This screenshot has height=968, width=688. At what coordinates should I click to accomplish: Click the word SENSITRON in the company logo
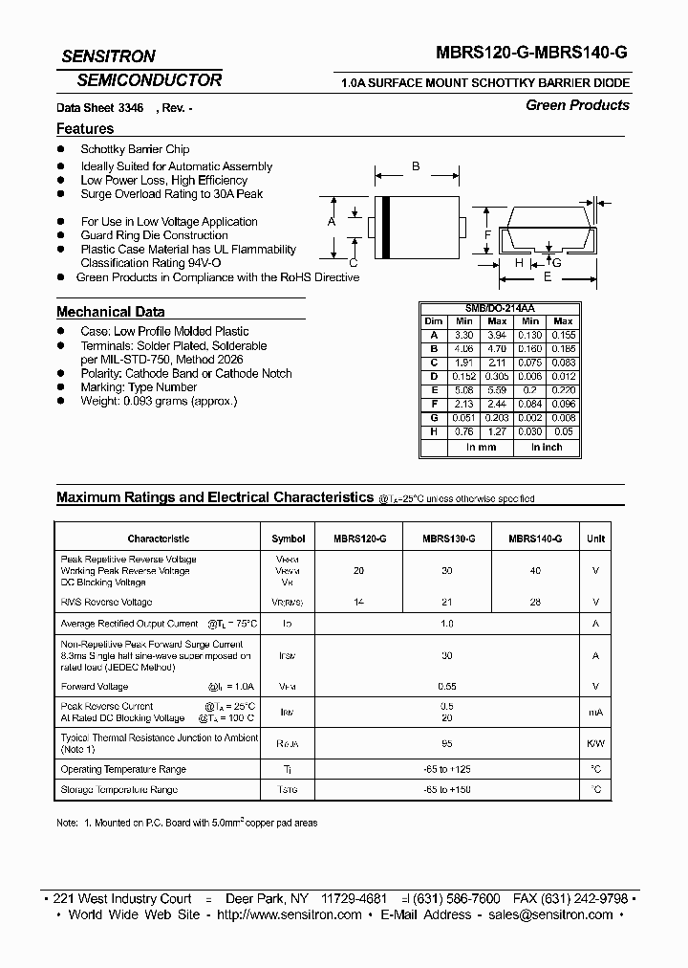pyautogui.click(x=108, y=56)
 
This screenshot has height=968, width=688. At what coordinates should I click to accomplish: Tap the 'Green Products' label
pyautogui.click(x=577, y=105)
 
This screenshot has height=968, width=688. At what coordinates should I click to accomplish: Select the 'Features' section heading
pyautogui.click(x=85, y=128)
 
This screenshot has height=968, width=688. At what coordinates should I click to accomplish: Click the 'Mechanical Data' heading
pyautogui.click(x=110, y=312)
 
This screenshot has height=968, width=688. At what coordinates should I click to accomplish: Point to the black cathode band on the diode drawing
pyautogui.click(x=385, y=223)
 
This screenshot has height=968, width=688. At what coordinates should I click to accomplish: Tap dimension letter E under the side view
pyautogui.click(x=547, y=276)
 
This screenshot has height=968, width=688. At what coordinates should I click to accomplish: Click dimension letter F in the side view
pyautogui.click(x=487, y=235)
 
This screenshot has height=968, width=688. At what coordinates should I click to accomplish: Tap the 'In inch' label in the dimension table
pyautogui.click(x=547, y=447)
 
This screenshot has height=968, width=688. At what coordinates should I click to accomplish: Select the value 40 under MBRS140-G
pyautogui.click(x=534, y=571)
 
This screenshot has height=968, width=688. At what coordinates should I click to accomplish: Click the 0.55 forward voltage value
pyautogui.click(x=445, y=686)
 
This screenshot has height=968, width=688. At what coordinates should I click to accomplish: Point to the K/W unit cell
pyautogui.click(x=595, y=743)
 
